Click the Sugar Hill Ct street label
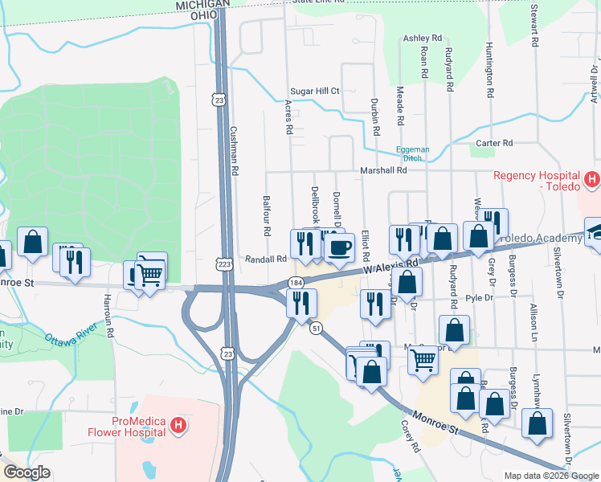pyautogui.click(x=315, y=92)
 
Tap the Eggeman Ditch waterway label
pyautogui.click(x=412, y=153)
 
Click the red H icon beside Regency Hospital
pyautogui.click(x=592, y=179)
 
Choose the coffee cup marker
pyautogui.click(x=339, y=247)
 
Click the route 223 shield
pyautogui.click(x=224, y=263)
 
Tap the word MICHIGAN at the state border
pyautogui.click(x=200, y=5)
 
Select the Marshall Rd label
pyautogui.click(x=383, y=170)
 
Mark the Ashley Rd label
pyautogui.click(x=423, y=38)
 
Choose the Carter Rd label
pyautogui.click(x=494, y=143)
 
